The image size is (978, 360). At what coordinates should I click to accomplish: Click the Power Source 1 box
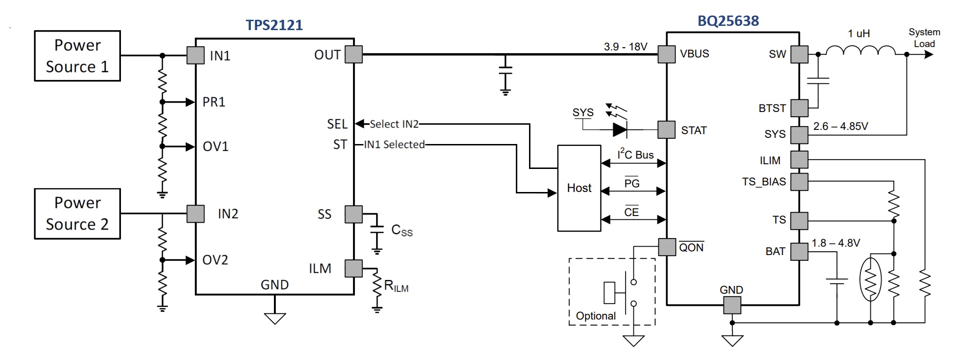pyautogui.click(x=77, y=56)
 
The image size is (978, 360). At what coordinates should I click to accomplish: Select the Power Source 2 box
pyautogui.click(x=77, y=214)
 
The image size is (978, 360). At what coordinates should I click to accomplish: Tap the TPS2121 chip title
pyautogui.click(x=274, y=25)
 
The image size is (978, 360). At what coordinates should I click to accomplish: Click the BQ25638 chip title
pyautogui.click(x=728, y=21)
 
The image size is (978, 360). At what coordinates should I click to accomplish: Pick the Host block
pyautogui.click(x=579, y=188)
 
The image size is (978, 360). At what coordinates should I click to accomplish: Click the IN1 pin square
pyautogui.click(x=195, y=56)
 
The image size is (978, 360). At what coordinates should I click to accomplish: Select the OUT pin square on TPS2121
pyautogui.click(x=353, y=55)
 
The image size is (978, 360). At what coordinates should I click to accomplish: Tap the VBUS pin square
pyautogui.click(x=666, y=54)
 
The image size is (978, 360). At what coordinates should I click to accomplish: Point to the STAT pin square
pyautogui.click(x=666, y=130)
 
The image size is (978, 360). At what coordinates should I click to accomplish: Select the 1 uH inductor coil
pyautogui.click(x=861, y=51)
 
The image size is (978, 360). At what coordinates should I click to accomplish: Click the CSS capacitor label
pyautogui.click(x=401, y=230)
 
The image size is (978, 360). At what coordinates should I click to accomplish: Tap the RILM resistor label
pyautogui.click(x=396, y=286)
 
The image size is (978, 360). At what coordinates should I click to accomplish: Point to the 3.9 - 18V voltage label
pyautogui.click(x=625, y=47)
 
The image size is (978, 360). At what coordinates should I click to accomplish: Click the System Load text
pyautogui.click(x=924, y=38)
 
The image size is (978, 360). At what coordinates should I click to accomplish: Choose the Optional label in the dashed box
pyautogui.click(x=595, y=316)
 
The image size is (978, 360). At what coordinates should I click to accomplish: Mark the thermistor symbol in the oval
pyautogui.click(x=871, y=279)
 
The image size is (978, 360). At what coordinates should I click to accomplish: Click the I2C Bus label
pyautogui.click(x=635, y=154)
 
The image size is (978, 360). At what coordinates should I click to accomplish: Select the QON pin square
pyautogui.click(x=667, y=247)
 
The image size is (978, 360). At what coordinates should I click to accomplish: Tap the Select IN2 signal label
pyautogui.click(x=394, y=124)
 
